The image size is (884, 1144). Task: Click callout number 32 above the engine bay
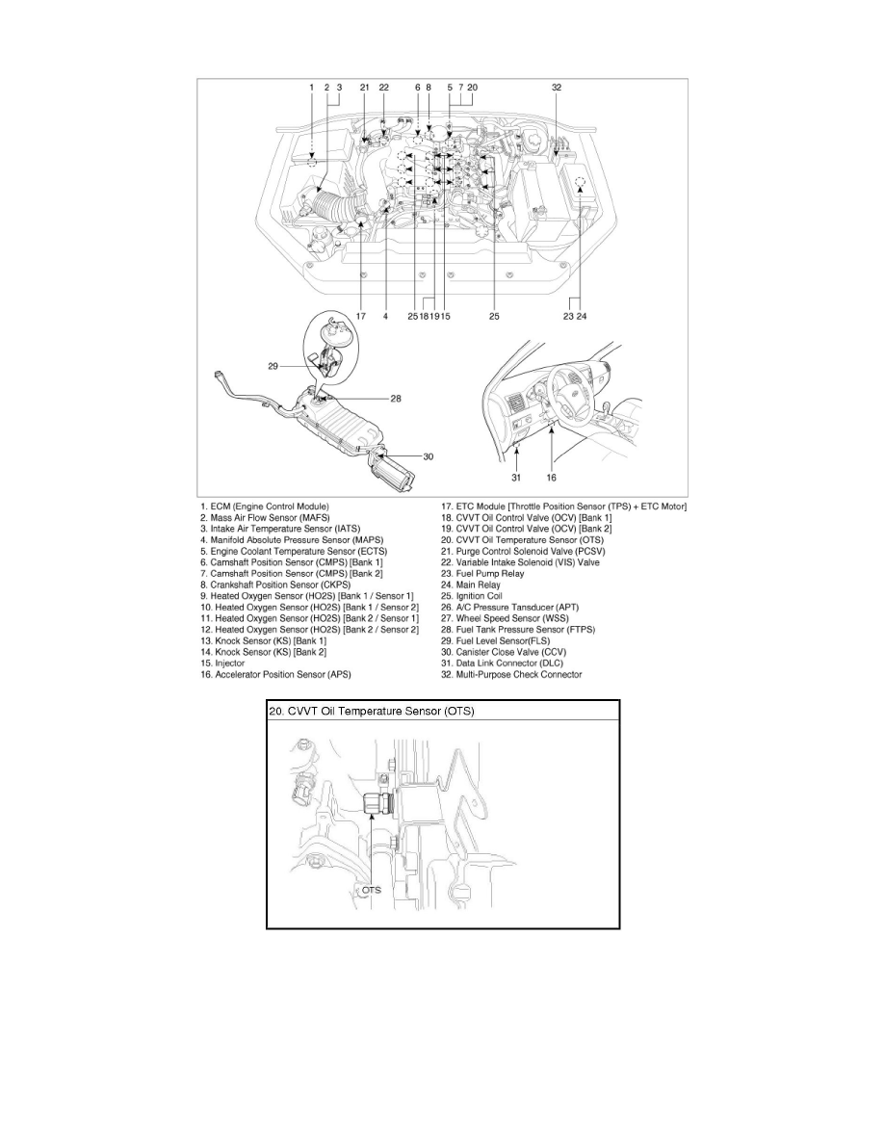tap(557, 87)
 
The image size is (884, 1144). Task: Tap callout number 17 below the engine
tap(361, 315)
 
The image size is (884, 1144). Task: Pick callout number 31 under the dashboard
tap(515, 475)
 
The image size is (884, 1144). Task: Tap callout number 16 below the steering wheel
tap(552, 475)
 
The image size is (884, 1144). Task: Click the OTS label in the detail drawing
tap(372, 891)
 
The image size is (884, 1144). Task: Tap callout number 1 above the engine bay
tap(311, 87)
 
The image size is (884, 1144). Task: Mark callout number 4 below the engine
tap(384, 315)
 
